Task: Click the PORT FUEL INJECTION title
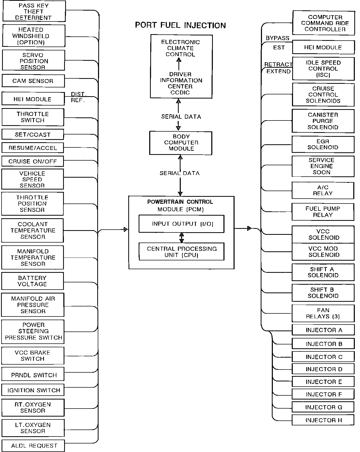180,25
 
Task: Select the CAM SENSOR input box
33,81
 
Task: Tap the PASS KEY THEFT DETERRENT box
34,12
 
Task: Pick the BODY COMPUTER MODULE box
181,143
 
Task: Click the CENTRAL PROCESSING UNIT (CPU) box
182,252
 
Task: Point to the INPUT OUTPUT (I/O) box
182,224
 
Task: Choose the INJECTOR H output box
323,420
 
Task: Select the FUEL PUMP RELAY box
323,212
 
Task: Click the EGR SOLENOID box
323,144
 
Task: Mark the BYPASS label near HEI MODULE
277,38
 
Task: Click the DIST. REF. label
78,97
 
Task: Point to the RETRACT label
278,64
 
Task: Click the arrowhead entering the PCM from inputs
126,229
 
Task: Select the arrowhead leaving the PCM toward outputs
249,228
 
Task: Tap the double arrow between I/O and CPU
182,237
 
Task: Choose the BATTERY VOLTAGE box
33,281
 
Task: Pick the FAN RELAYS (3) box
323,313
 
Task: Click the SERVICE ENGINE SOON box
323,166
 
